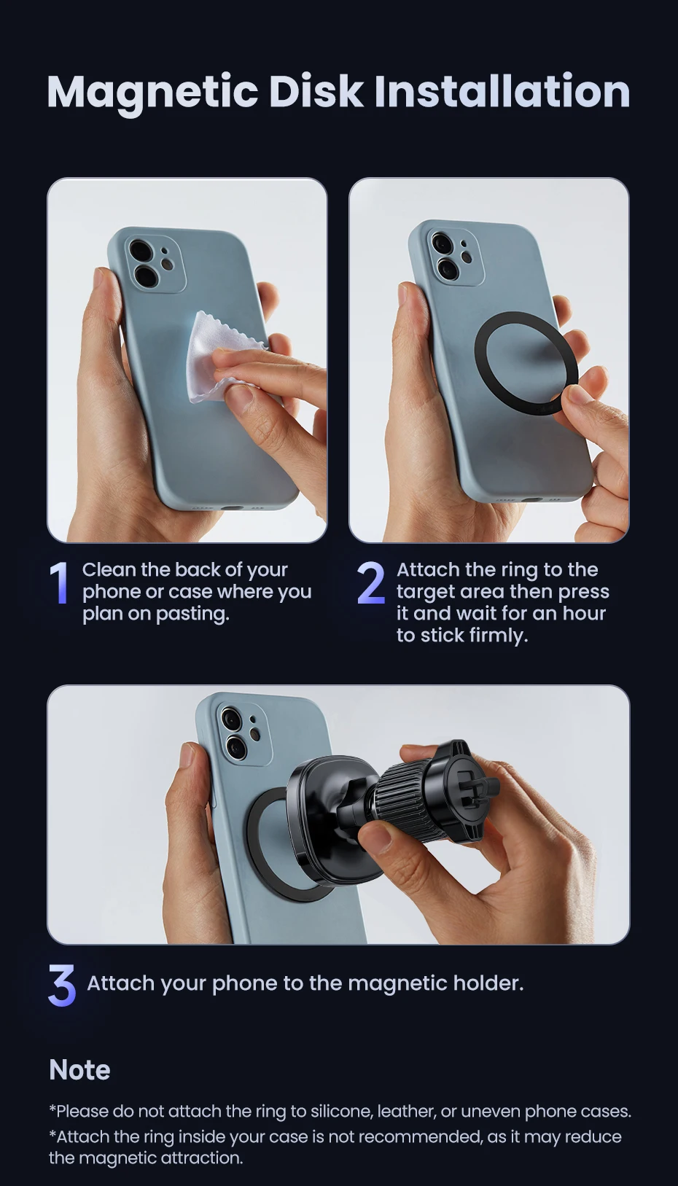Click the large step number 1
click(60, 583)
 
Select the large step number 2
click(370, 583)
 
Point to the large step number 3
click(61, 985)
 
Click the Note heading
click(79, 1069)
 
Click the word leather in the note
click(406, 1112)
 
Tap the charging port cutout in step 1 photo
click(230, 507)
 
